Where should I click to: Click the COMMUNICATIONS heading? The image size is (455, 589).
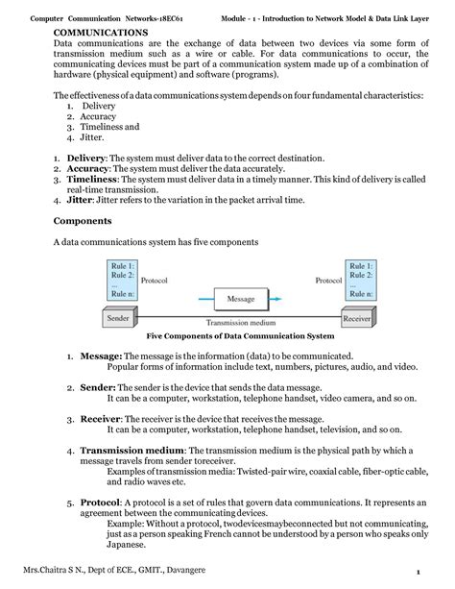[101, 32]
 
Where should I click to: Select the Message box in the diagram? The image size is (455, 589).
[240, 299]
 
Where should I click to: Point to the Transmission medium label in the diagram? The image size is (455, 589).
[240, 323]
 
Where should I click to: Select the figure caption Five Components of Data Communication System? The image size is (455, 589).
[240, 336]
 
